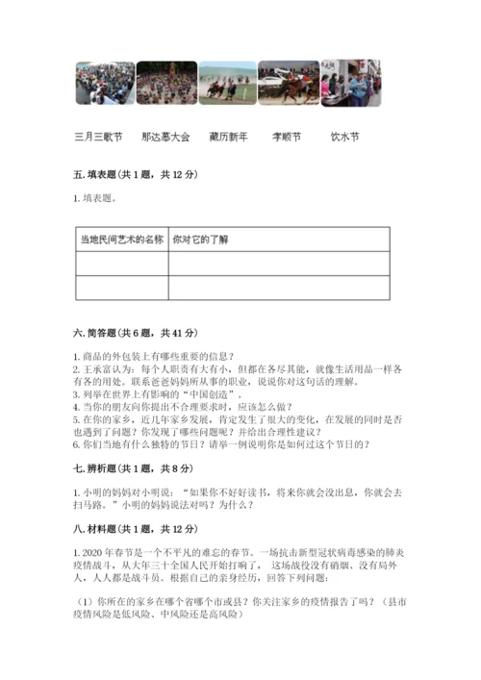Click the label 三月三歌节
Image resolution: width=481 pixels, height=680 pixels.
pyautogui.click(x=98, y=138)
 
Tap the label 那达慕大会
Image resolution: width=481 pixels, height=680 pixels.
pyautogui.click(x=165, y=138)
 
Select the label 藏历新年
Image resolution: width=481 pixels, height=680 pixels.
pyautogui.click(x=228, y=138)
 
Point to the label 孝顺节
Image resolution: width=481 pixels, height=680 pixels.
pyautogui.click(x=287, y=138)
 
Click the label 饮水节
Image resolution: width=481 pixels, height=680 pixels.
pyautogui.click(x=344, y=138)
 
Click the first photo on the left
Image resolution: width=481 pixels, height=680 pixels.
pyautogui.click(x=105, y=84)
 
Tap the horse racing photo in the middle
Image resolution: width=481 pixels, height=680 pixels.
pyautogui.click(x=228, y=84)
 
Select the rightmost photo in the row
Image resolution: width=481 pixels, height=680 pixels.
pyautogui.click(x=351, y=84)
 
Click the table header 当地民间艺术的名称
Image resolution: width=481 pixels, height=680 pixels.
pyautogui.click(x=121, y=239)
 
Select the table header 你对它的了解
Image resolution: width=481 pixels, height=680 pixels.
pyautogui.click(x=201, y=239)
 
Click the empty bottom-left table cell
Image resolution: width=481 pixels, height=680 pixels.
pyautogui.click(x=121, y=288)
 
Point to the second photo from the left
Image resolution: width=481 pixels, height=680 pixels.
pyautogui.click(x=166, y=84)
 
